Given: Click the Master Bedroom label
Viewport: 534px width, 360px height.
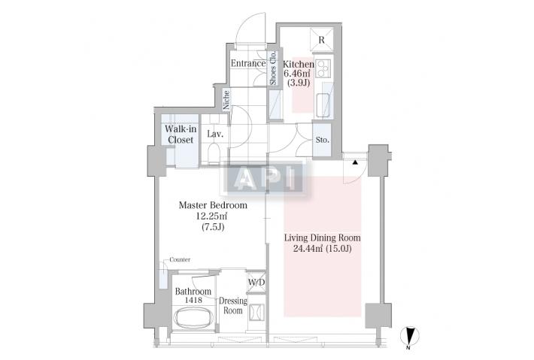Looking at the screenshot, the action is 213,205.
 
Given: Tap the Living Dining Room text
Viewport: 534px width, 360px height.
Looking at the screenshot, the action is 322,237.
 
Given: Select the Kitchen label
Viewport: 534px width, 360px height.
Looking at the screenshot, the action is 299,64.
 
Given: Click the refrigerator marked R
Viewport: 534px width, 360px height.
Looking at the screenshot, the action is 322,40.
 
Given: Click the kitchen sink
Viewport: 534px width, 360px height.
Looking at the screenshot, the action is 324,104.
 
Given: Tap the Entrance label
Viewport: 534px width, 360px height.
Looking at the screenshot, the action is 248,63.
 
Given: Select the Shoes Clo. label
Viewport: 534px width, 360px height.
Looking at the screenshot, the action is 273,68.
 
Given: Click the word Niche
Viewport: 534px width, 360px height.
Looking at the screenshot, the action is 226,100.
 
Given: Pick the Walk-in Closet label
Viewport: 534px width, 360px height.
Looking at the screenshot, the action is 181,135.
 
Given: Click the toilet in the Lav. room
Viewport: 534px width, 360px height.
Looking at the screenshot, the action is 214,153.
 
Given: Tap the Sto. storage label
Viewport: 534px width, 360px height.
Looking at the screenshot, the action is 322,140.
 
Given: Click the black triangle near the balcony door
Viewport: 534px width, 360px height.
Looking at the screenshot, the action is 355,162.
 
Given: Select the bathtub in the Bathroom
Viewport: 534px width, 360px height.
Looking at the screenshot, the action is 193,317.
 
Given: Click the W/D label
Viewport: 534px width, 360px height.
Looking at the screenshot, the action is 256,283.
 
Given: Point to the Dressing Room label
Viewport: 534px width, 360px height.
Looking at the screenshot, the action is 233,306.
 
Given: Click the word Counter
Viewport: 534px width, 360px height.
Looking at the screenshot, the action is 180,259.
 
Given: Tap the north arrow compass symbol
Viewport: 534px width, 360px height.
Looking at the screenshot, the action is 410,336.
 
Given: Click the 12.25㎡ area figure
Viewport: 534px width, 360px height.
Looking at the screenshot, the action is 211,216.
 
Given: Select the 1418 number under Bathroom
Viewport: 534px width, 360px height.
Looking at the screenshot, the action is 193,300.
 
